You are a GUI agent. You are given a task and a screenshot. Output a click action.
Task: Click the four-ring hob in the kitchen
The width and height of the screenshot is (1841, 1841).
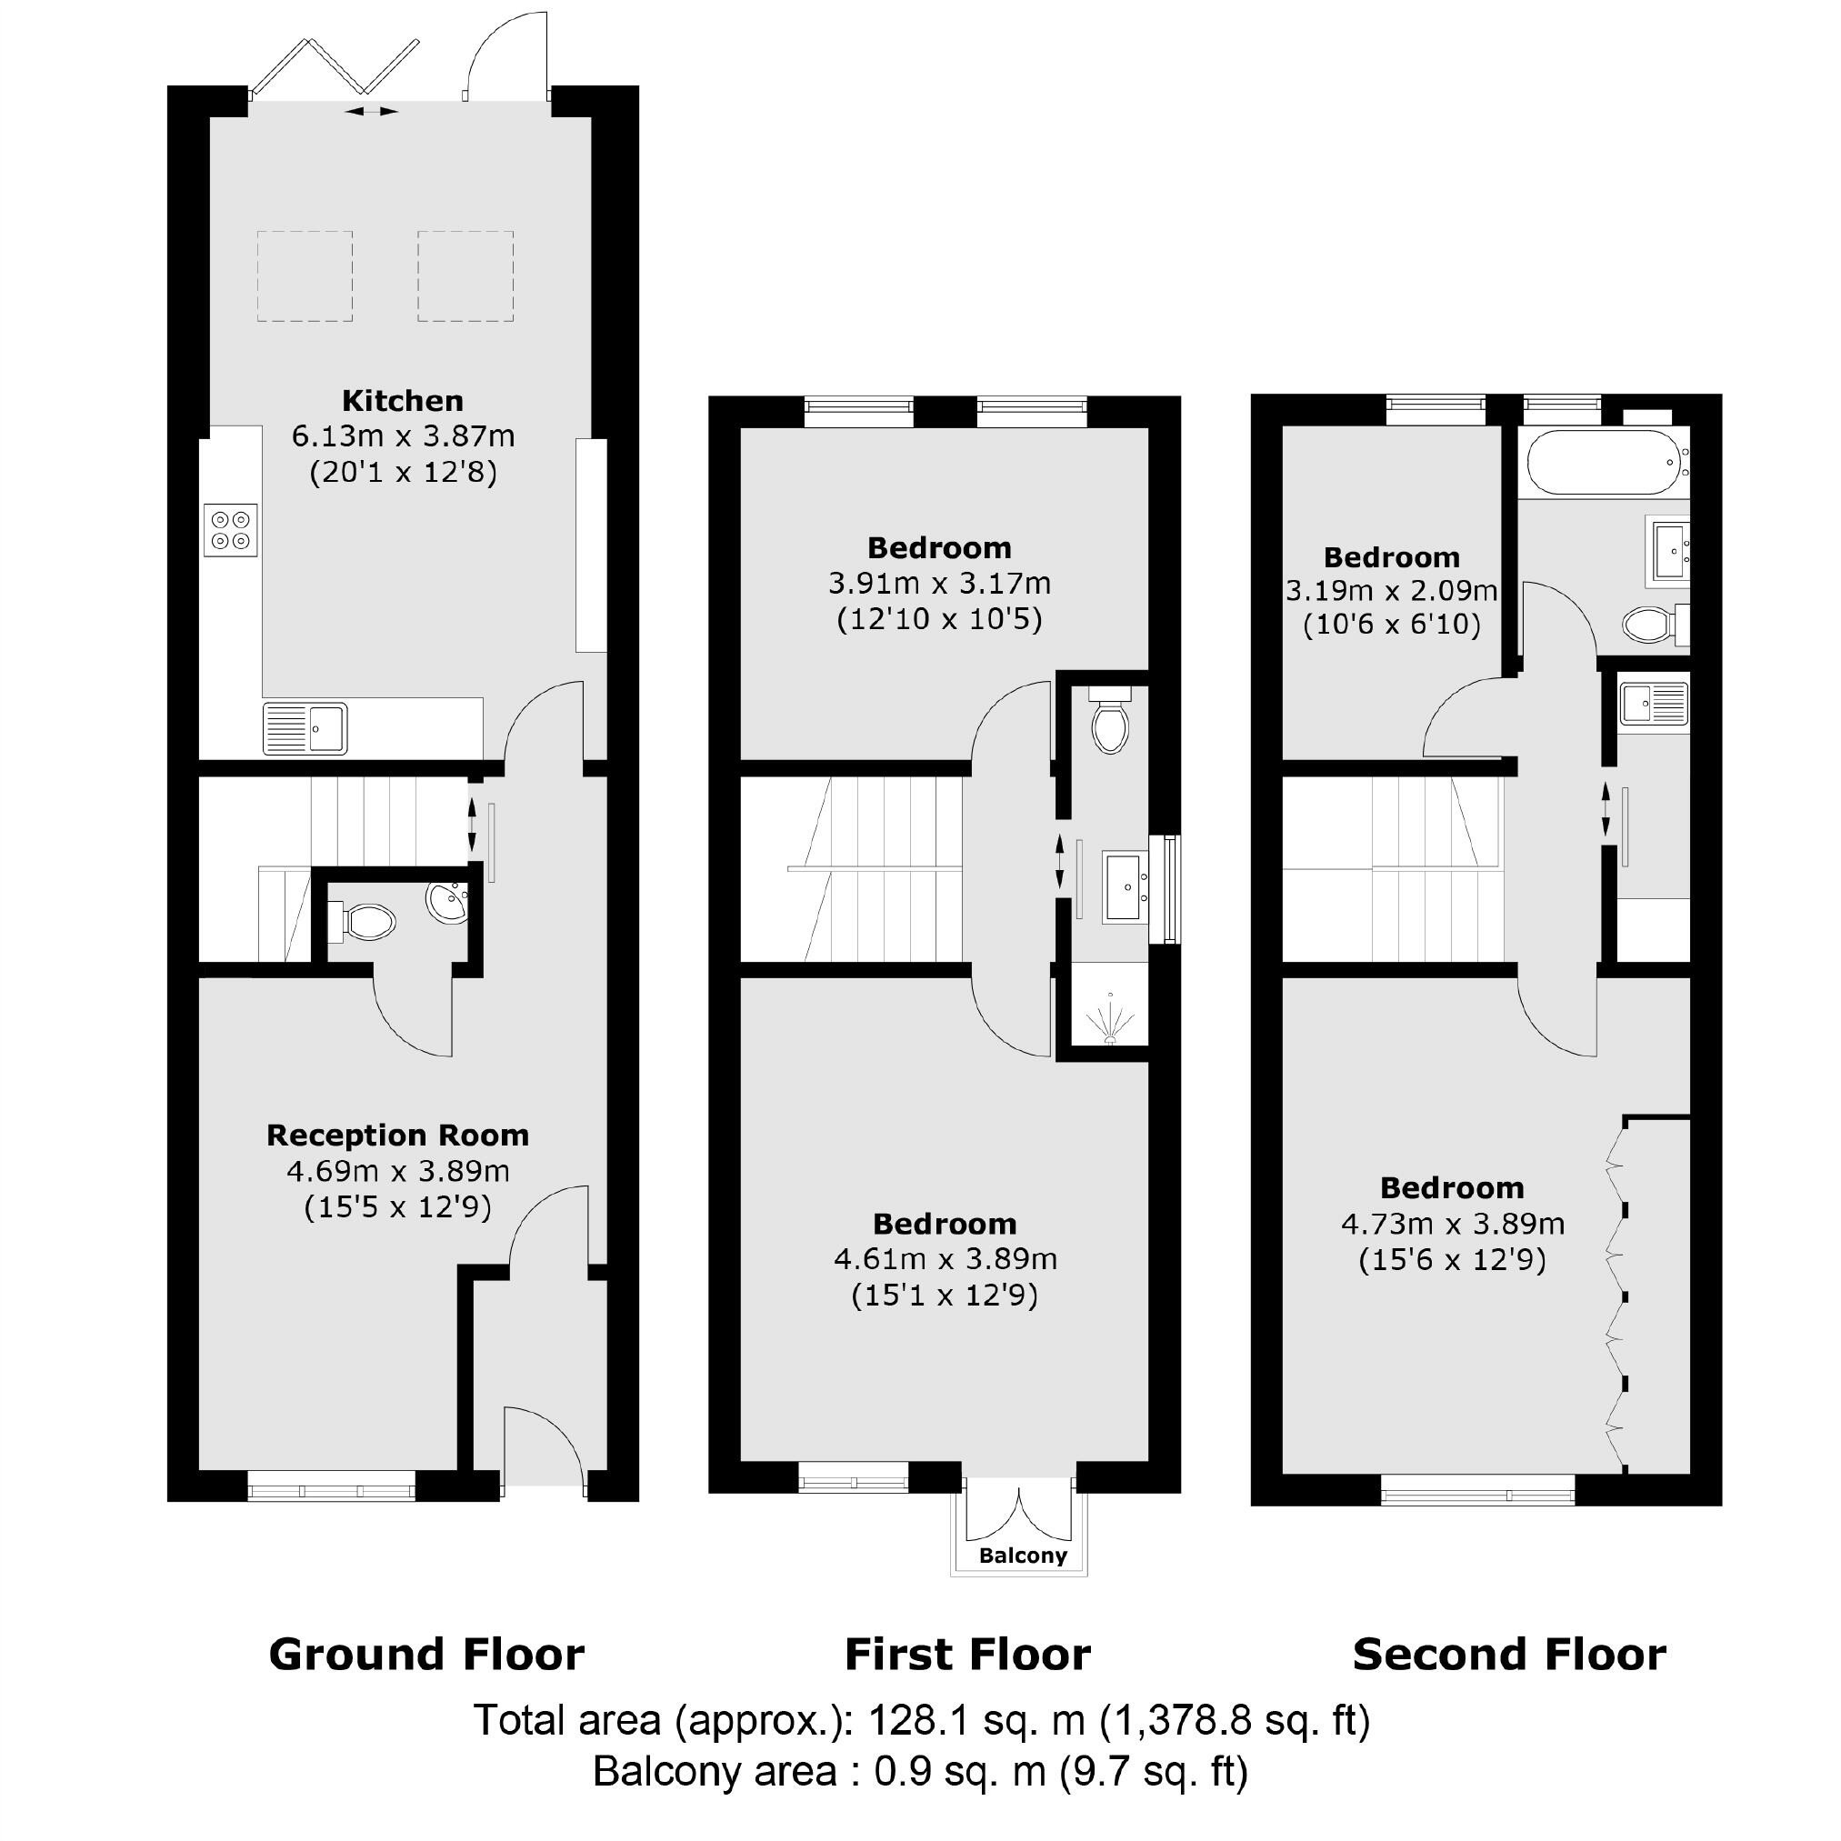(x=231, y=531)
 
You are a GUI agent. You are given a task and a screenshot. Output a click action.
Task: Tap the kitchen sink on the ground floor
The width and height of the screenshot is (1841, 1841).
(x=305, y=729)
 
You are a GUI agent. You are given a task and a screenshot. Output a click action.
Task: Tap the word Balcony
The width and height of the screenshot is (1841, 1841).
(x=1024, y=1556)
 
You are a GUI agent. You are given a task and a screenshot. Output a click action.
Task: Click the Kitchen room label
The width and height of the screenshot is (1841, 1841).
(x=402, y=400)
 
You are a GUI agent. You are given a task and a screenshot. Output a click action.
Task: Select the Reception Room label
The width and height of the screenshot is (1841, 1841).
(x=397, y=1135)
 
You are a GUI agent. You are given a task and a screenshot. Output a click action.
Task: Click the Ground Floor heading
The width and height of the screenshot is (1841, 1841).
(x=426, y=1655)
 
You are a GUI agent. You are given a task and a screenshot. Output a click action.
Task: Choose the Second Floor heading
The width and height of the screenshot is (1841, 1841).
(x=1509, y=1655)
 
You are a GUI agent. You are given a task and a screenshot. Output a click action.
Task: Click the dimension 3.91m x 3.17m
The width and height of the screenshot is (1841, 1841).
(x=939, y=583)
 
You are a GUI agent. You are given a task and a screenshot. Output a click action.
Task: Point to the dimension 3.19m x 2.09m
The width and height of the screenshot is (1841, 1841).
(x=1391, y=591)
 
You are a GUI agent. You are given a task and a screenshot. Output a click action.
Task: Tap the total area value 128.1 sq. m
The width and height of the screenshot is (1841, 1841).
(x=976, y=1720)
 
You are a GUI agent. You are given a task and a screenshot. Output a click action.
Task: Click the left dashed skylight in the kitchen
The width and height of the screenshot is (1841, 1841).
(x=305, y=276)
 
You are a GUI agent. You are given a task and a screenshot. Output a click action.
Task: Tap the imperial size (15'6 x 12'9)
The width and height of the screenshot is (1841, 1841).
(x=1451, y=1260)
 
